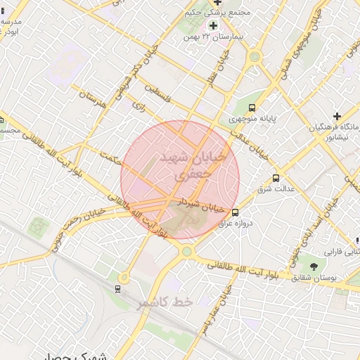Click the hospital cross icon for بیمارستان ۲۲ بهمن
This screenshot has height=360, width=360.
tap(213, 26)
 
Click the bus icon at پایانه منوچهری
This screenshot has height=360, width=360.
tap(252, 108)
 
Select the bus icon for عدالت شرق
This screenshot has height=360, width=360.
tap(276, 179)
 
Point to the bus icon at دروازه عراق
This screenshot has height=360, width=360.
tap(235, 212)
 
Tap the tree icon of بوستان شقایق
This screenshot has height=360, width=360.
tap(313, 266)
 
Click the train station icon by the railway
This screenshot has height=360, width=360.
tap(117, 288)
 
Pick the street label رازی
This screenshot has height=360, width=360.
tap(139, 106)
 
